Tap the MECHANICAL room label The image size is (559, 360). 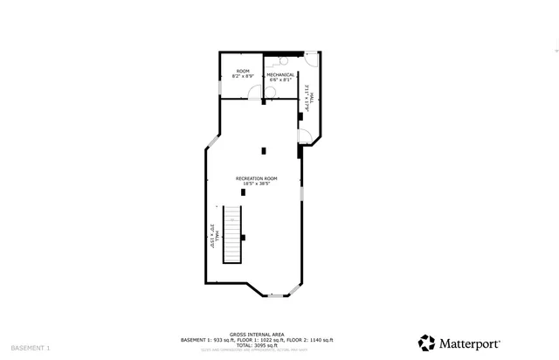point(279,74)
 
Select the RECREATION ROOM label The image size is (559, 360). point(256,178)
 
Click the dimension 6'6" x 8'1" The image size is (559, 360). point(280,80)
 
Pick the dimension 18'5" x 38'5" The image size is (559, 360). point(256,183)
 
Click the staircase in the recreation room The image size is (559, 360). point(232,234)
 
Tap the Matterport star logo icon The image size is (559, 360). point(426,343)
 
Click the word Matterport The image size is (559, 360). point(469,343)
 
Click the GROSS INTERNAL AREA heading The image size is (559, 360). point(256,335)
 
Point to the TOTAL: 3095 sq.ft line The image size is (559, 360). point(256,345)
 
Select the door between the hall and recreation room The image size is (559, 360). point(304,135)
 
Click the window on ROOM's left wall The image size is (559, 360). point(219,87)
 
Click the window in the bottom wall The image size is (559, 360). point(275,296)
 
